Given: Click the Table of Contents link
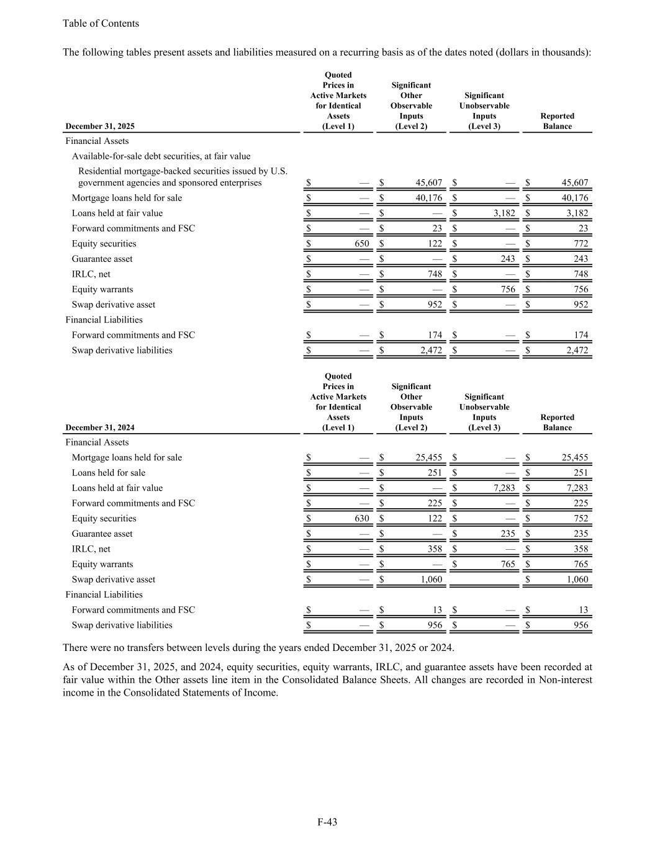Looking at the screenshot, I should point(101,24).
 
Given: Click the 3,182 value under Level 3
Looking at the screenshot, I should point(504,213).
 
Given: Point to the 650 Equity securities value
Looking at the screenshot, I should point(362,244).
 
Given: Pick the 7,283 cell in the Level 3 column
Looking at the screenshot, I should point(504,488).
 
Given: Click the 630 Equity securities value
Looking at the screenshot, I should point(361,519).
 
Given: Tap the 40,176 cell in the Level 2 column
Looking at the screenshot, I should point(428,199).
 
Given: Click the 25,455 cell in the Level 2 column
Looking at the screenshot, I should point(428,458).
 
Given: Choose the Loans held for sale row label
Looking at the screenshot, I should point(109,473).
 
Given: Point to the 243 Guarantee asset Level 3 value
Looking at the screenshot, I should point(507,259).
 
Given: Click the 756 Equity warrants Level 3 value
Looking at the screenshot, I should point(507,290).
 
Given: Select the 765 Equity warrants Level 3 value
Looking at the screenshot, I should point(507,565).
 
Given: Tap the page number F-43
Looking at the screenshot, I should point(327,822).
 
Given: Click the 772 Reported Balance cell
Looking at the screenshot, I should point(580,244).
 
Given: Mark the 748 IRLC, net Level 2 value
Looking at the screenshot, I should point(435,274).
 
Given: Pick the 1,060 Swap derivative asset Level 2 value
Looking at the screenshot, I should point(431,580).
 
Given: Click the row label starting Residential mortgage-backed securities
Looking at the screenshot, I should point(183,177).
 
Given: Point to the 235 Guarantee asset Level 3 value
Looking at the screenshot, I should point(507,534).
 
